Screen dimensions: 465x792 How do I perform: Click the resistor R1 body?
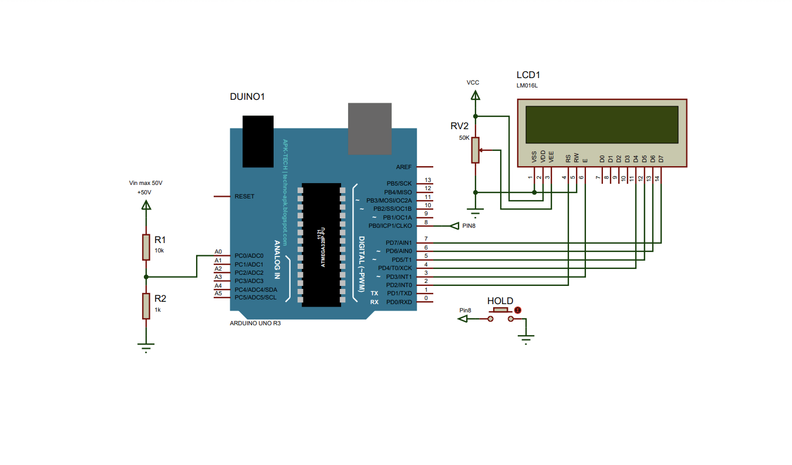point(146,247)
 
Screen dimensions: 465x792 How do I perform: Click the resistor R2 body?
point(146,306)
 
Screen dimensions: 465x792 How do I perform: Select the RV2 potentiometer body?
point(476,150)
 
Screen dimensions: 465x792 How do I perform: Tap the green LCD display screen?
point(602,124)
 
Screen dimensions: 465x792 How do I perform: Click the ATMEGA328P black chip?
point(321,244)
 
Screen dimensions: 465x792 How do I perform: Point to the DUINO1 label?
point(247,96)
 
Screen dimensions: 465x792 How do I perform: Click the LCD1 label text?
point(528,75)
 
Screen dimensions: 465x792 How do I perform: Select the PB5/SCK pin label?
point(399,183)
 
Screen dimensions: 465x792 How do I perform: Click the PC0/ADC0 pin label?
point(249,256)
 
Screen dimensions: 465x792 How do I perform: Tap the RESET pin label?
point(244,196)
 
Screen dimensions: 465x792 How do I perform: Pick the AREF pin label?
point(404,167)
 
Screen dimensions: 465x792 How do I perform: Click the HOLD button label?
point(500,301)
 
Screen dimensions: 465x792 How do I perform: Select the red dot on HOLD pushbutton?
point(517,310)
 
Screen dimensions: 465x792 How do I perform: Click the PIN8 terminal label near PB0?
point(469,225)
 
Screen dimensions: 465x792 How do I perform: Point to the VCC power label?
point(473,83)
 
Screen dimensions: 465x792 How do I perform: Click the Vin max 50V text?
point(146,183)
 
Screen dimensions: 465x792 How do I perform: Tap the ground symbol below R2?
point(146,346)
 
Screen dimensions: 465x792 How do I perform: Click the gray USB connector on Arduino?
point(370,128)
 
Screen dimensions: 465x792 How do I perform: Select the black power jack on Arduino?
point(258,141)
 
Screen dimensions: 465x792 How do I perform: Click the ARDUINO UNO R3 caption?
point(255,324)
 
